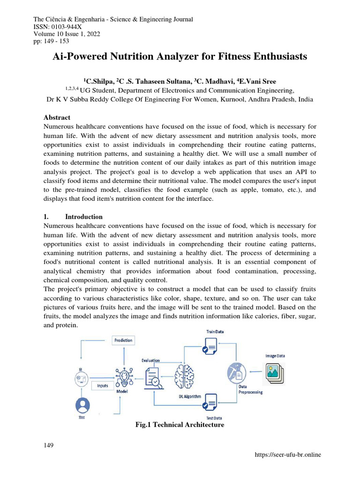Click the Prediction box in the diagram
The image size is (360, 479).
click(x=123, y=340)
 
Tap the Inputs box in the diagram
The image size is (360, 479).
click(x=102, y=385)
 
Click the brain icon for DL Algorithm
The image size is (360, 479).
click(x=184, y=377)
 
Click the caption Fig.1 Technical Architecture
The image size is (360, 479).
click(x=180, y=425)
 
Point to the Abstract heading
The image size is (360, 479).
click(x=57, y=117)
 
